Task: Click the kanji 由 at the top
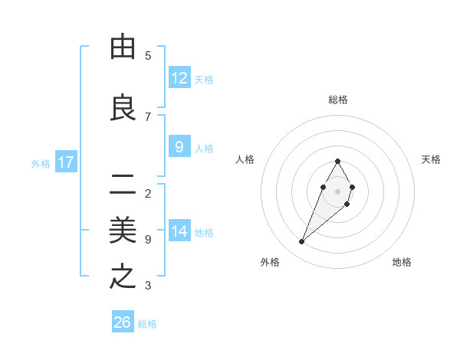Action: [x=123, y=47]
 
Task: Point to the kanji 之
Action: [x=123, y=277]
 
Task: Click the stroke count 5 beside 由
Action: [x=148, y=56]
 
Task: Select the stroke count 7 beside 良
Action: [x=148, y=116]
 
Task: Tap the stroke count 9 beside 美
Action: [x=148, y=240]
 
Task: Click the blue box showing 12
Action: [x=179, y=78]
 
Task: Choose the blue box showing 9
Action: [x=179, y=147]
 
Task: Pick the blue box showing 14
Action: [x=179, y=231]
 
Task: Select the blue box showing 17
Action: [x=66, y=162]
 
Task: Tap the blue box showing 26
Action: [x=123, y=322]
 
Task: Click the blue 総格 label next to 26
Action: [x=148, y=324]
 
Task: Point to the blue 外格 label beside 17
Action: [x=41, y=163]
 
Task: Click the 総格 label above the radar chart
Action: [x=338, y=100]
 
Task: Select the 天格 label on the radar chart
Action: [x=432, y=159]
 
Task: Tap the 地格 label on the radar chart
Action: [x=402, y=262]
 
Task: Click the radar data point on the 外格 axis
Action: [x=302, y=242]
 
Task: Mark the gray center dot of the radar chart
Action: [x=338, y=191]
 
